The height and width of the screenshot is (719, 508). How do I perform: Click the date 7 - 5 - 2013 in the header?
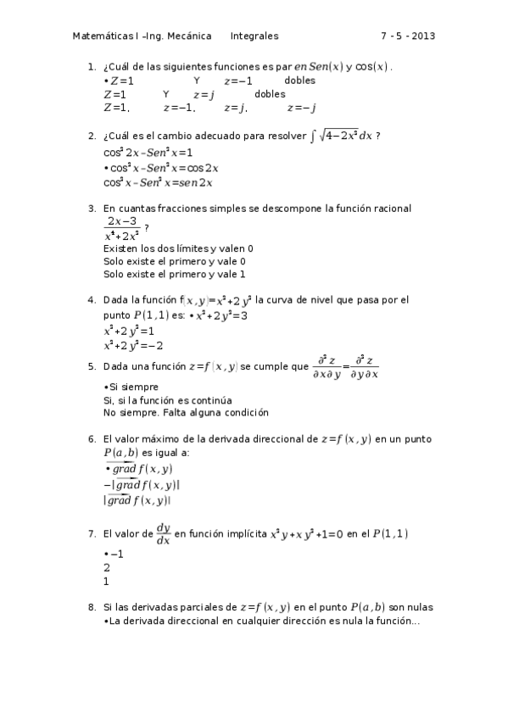(x=408, y=36)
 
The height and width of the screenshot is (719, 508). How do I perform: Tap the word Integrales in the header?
(x=254, y=36)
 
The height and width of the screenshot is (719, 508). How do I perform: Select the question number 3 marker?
(x=92, y=209)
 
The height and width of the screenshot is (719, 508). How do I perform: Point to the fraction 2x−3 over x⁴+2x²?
(x=121, y=229)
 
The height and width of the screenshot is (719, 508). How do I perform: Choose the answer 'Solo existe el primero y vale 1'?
(x=174, y=275)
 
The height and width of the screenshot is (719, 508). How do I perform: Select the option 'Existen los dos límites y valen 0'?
(x=178, y=248)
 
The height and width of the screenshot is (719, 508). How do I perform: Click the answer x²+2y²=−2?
(x=133, y=345)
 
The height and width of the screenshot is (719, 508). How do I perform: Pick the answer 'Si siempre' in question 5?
(x=128, y=387)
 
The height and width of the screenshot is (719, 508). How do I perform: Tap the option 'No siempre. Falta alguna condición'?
(x=186, y=413)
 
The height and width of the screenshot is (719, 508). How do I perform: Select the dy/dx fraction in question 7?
(x=163, y=533)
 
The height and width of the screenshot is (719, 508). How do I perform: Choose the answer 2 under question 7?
(x=106, y=568)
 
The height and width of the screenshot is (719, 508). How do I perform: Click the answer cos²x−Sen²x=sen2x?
(x=158, y=182)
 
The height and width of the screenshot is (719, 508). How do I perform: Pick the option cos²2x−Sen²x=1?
(x=148, y=153)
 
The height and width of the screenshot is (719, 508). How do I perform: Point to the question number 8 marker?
(x=92, y=608)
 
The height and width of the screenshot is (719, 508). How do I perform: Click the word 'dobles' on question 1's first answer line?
(x=299, y=81)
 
